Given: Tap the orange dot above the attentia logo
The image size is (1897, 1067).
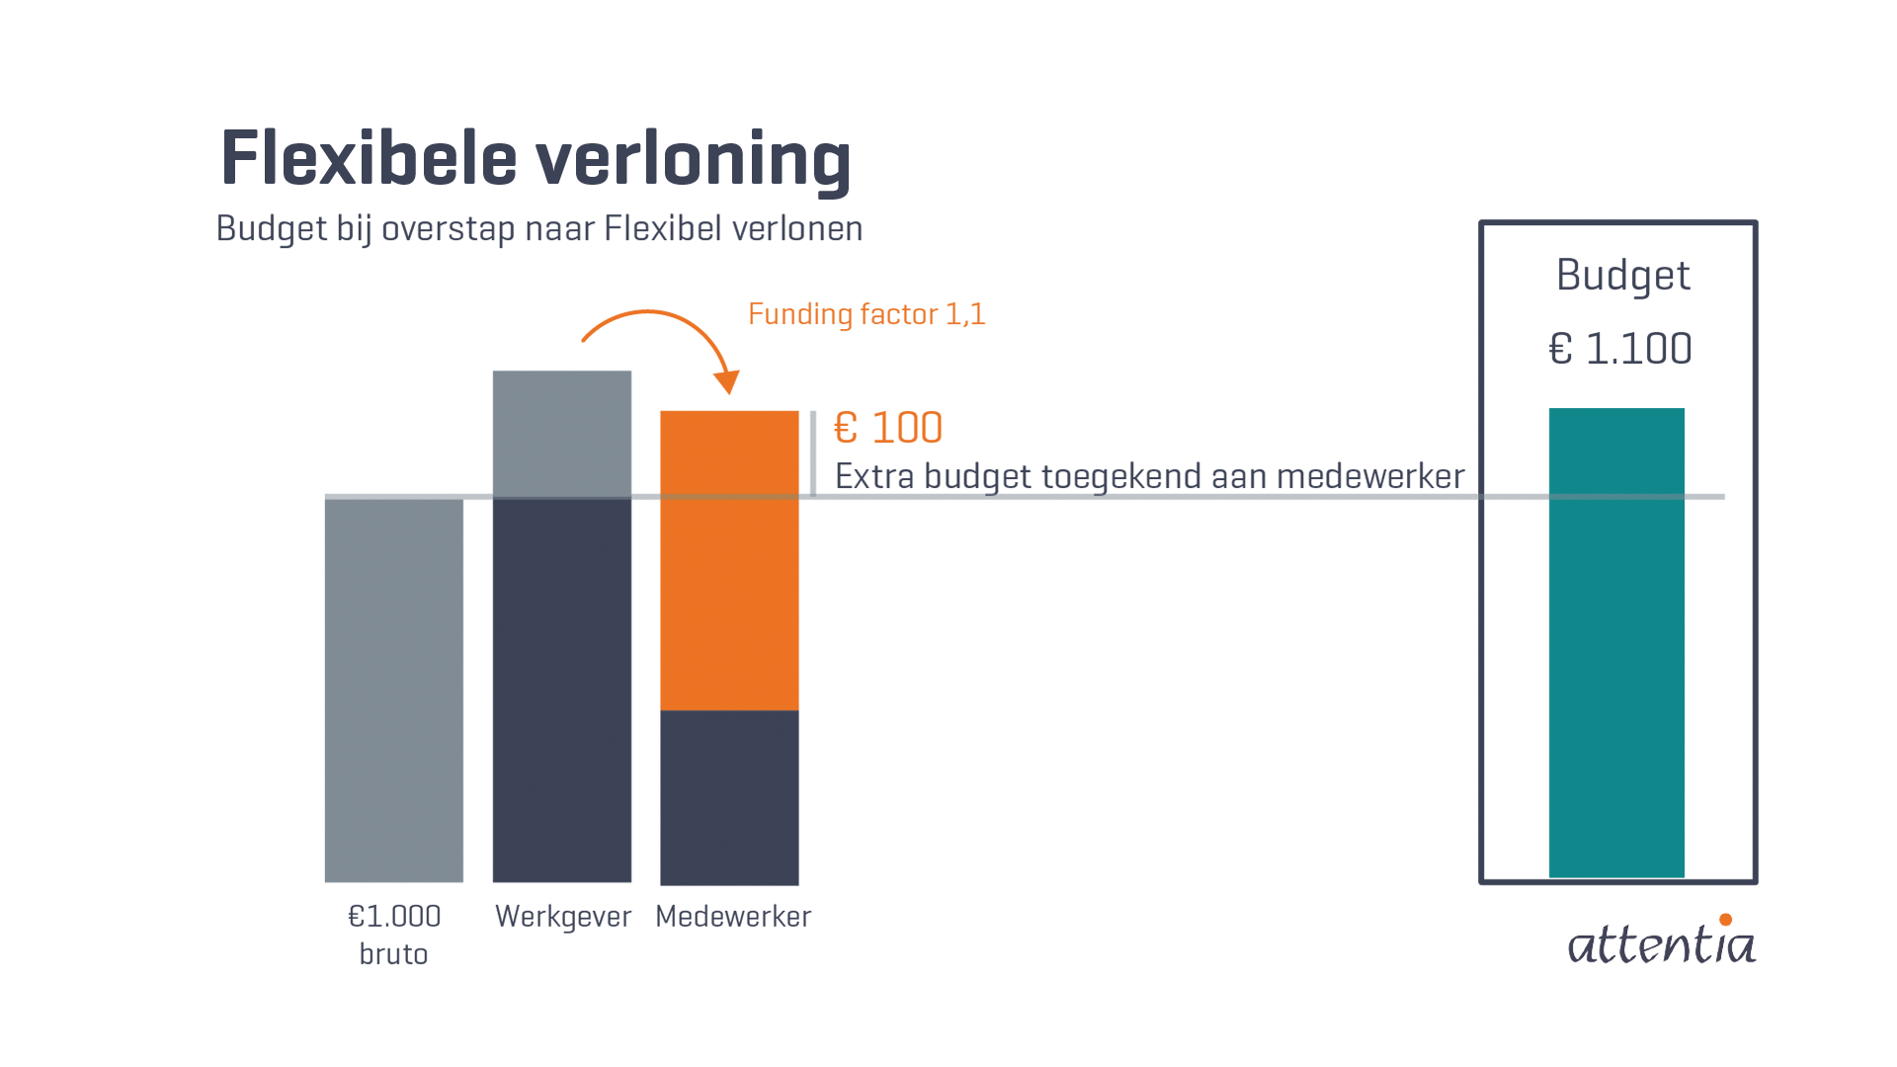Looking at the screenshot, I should click(1725, 919).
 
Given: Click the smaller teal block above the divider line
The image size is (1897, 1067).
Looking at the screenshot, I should click(1616, 440).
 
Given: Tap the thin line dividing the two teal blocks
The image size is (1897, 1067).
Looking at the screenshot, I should click(1616, 496).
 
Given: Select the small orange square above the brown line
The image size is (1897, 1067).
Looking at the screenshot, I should click(724, 435).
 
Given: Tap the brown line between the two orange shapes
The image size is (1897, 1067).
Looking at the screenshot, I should click(724, 496).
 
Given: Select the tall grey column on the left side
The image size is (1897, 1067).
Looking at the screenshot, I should click(346, 642).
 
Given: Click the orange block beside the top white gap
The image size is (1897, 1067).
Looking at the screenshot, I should click(1047, 257).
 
